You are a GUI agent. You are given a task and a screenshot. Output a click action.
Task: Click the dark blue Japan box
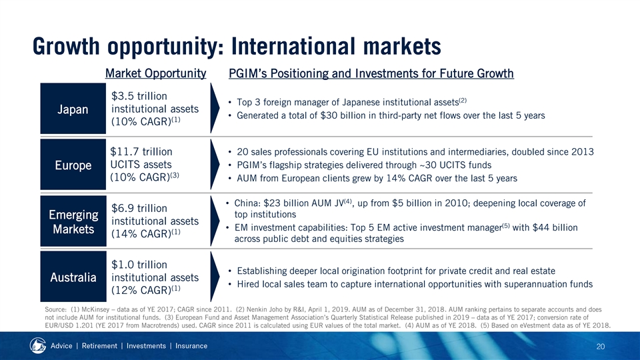[73, 109]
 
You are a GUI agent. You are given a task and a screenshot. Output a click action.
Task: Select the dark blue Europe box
[73, 165]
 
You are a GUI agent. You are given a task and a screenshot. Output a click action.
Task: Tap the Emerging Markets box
[73, 221]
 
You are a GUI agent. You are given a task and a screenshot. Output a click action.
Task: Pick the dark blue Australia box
[73, 277]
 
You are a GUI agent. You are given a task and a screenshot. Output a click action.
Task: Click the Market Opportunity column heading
[155, 73]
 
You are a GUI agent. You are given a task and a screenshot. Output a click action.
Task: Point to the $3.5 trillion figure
[139, 96]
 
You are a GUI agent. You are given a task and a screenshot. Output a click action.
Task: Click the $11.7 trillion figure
[141, 152]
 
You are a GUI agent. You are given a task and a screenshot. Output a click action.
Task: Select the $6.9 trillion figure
[139, 208]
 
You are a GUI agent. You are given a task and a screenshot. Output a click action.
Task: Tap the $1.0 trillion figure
[139, 265]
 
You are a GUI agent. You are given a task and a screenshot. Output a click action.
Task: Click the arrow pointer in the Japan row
[214, 109]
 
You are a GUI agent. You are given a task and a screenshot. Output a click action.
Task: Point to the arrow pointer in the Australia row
[214, 277]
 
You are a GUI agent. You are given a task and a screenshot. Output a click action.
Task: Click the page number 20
[601, 347]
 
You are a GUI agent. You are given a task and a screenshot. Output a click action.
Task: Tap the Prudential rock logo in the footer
[37, 346]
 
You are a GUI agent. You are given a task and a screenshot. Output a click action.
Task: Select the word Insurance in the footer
[191, 346]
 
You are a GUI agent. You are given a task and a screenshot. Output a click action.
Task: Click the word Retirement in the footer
[99, 346]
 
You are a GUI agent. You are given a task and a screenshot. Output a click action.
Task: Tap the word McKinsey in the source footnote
[95, 310]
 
